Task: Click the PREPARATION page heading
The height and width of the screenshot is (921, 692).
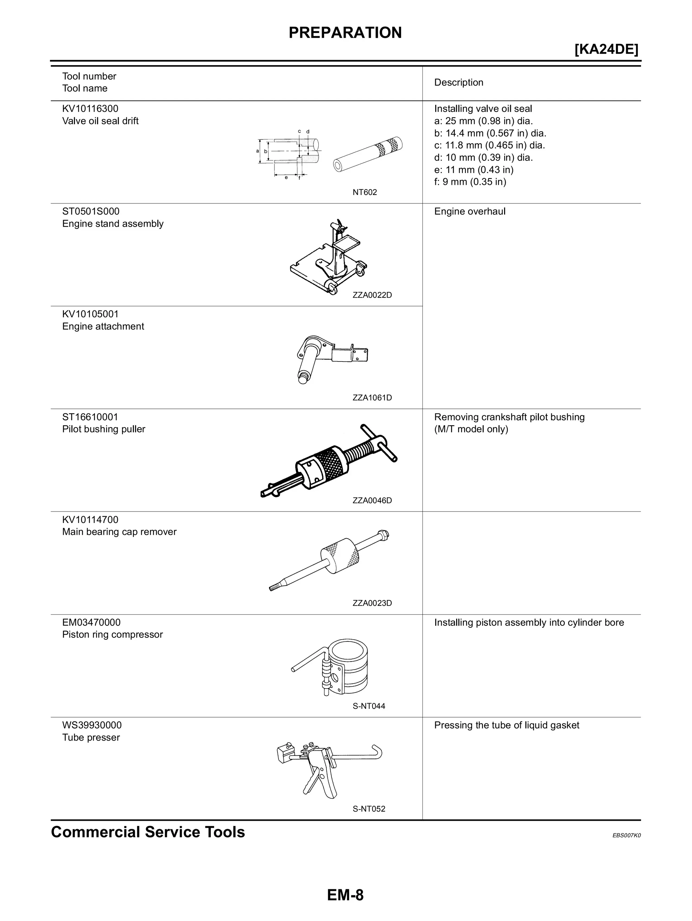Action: pos(345,33)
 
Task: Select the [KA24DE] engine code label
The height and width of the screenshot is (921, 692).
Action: pos(606,50)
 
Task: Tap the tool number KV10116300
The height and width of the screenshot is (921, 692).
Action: pos(90,109)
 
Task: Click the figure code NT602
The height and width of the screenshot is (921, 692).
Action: pos(364,192)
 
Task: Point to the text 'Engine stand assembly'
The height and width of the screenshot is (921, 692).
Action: pos(113,224)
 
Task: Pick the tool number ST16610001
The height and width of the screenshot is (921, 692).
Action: pos(90,417)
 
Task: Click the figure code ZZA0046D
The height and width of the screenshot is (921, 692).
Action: pos(372,500)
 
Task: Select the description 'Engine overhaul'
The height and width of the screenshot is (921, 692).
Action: pos(470,211)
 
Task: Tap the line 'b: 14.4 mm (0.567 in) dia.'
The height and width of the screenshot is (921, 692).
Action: pos(490,133)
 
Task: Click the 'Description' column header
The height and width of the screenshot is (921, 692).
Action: pos(459,82)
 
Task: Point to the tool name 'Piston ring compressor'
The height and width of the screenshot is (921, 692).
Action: pos(113,634)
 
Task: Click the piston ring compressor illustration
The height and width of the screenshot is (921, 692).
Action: pos(337,667)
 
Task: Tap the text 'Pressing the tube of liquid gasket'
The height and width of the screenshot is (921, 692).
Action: pos(506,725)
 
